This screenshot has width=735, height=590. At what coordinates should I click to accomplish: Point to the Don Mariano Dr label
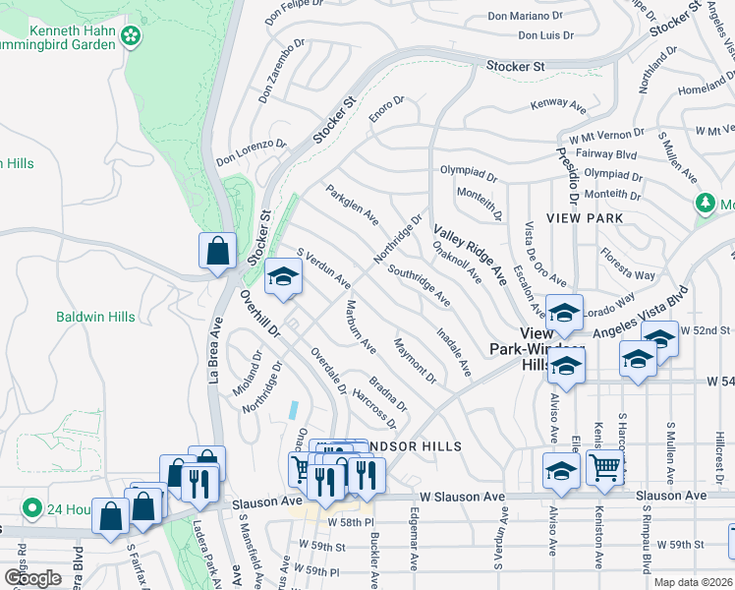[524, 16]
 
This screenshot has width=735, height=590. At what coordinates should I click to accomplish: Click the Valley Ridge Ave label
[471, 254]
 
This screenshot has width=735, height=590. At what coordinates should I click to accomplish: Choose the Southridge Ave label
[419, 284]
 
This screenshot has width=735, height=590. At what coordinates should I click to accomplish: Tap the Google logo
[33, 577]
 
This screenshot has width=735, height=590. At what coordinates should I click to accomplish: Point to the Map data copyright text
[694, 582]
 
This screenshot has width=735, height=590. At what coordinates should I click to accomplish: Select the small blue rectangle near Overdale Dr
[294, 407]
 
